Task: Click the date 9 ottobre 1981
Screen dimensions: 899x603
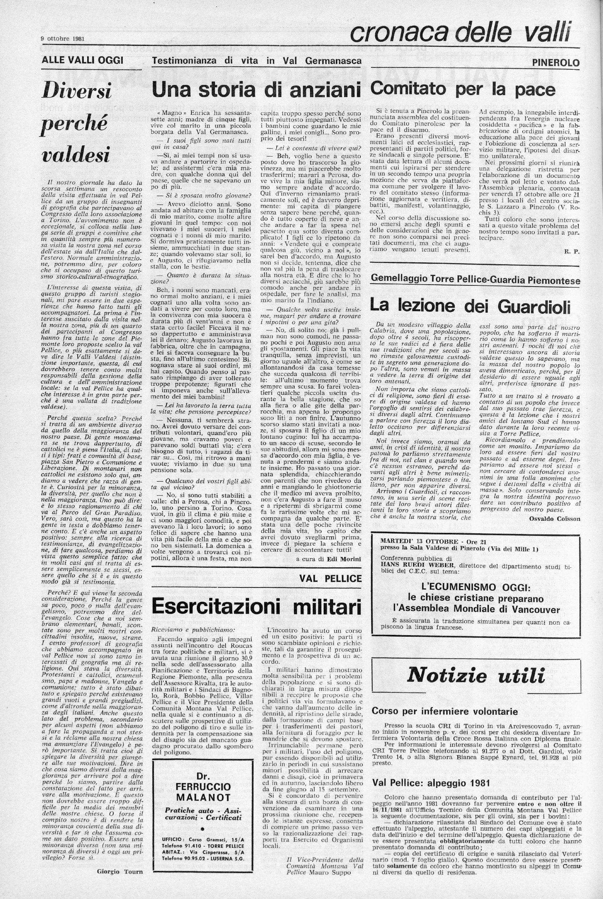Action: (x=63, y=38)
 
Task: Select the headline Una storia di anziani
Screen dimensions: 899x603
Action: (x=256, y=90)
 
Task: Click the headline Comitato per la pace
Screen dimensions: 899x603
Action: (x=463, y=89)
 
